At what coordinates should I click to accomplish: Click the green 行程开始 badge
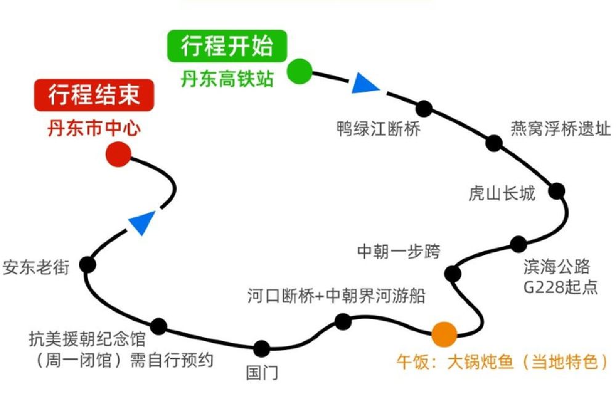pyautogui.click(x=227, y=47)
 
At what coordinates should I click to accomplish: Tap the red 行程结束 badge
pyautogui.click(x=94, y=96)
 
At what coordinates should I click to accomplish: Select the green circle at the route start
pyautogui.click(x=300, y=71)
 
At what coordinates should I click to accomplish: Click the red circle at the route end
pyautogui.click(x=118, y=155)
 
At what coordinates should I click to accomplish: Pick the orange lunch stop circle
pyautogui.click(x=444, y=334)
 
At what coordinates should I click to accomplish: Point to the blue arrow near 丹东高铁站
pyautogui.click(x=366, y=83)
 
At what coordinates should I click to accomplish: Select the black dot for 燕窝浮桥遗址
pyautogui.click(x=493, y=143)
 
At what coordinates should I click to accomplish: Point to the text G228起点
pyautogui.click(x=560, y=287)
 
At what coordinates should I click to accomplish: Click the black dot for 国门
pyautogui.click(x=262, y=348)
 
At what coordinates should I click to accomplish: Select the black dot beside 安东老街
pyautogui.click(x=88, y=265)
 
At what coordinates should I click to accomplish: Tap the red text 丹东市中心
pyautogui.click(x=94, y=129)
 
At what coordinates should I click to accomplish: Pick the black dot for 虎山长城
pyautogui.click(x=557, y=190)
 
